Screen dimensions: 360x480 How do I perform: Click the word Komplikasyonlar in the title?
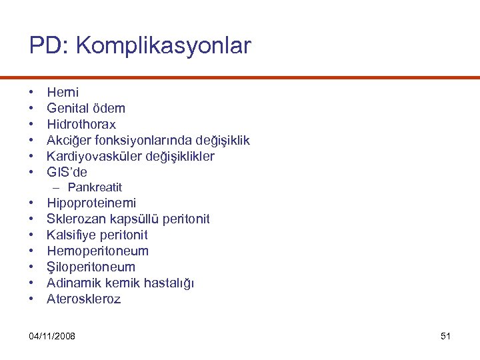coord(164,45)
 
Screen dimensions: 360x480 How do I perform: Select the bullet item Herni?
coord(63,92)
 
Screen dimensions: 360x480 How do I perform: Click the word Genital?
coord(67,108)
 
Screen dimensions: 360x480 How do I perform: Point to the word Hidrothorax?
coord(81,124)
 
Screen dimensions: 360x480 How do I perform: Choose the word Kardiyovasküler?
coord(95,156)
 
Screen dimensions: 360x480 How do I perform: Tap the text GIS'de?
coord(67,172)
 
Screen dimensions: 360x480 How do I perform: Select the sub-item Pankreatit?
coord(95,187)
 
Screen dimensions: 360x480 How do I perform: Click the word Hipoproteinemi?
coord(91,203)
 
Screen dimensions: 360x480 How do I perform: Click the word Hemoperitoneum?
coord(97,251)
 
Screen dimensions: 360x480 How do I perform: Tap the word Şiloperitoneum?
coord(91,267)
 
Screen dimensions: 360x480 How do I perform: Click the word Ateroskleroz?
coord(83,299)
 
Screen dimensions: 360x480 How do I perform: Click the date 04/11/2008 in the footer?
coord(53,335)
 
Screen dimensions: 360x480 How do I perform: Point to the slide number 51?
coord(446,335)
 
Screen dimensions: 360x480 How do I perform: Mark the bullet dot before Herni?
coord(32,92)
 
